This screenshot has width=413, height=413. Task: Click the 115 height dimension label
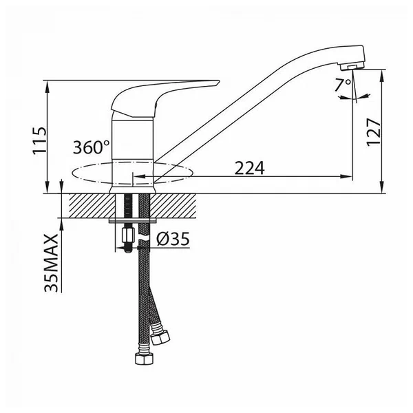click(39, 140)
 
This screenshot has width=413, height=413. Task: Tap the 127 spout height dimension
click(374, 132)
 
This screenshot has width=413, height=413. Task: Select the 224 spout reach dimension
click(249, 168)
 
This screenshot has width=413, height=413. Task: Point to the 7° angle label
click(343, 85)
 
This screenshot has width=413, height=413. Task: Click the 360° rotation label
click(91, 147)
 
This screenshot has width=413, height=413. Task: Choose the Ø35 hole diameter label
click(173, 239)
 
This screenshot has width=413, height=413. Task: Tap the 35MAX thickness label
click(51, 263)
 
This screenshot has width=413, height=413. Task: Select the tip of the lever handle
click(218, 81)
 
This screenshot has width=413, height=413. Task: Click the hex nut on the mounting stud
click(128, 235)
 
